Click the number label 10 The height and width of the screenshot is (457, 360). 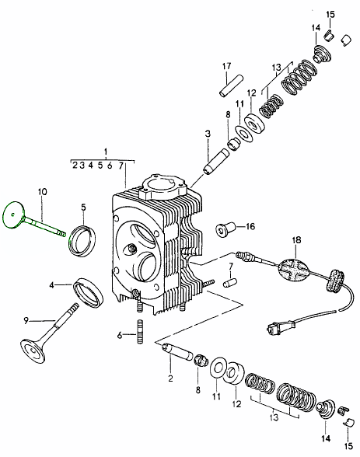(41, 190)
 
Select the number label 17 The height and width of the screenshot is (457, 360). (227, 65)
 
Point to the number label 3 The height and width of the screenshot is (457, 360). (208, 134)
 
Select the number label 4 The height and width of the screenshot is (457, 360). (51, 285)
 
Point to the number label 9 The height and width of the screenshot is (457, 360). (26, 319)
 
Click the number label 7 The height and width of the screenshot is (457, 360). (231, 267)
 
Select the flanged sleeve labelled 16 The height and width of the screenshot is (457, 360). (223, 229)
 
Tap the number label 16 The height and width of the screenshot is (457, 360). (250, 227)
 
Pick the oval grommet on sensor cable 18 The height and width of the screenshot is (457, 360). (293, 271)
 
